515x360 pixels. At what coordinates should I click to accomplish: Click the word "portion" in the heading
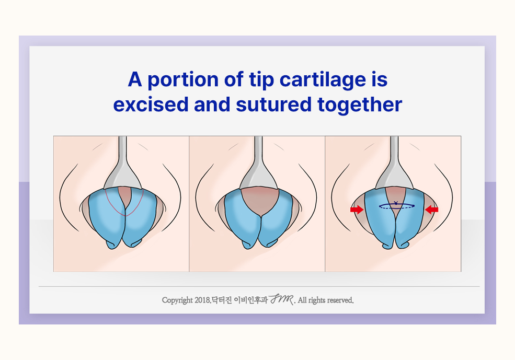tap(182, 80)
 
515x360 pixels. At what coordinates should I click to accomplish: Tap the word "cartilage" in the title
tap(323, 80)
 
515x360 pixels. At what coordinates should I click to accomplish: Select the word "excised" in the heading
tap(151, 104)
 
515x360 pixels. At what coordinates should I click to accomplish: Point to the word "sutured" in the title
tap(273, 104)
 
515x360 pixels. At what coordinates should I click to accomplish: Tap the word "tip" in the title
tap(261, 80)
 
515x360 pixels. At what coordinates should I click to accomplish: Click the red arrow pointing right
tap(357, 210)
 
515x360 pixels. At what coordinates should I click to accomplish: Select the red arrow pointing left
tap(431, 210)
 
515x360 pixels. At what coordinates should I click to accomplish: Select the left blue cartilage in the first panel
tap(107, 218)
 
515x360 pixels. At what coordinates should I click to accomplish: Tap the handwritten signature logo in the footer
tap(281, 299)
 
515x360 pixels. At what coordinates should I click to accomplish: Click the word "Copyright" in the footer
tap(177, 300)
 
